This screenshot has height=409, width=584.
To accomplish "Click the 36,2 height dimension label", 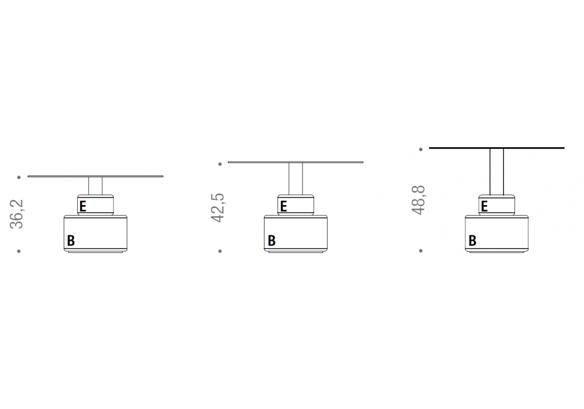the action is [x=17, y=214].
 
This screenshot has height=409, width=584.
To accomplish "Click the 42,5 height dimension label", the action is [x=218, y=207].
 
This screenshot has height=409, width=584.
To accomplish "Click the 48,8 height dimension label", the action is [x=419, y=200].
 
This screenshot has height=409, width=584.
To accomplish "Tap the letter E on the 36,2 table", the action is [x=83, y=206].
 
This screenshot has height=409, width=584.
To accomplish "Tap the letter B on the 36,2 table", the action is [x=71, y=241].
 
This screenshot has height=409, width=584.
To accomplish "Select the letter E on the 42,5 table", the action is [x=283, y=206].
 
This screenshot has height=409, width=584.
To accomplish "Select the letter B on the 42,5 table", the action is [x=272, y=241].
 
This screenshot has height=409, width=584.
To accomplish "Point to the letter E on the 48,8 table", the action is [x=484, y=206].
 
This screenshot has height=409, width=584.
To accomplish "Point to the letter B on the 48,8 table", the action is [x=472, y=241].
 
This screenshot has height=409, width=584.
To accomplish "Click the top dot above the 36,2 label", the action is [x=19, y=177].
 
